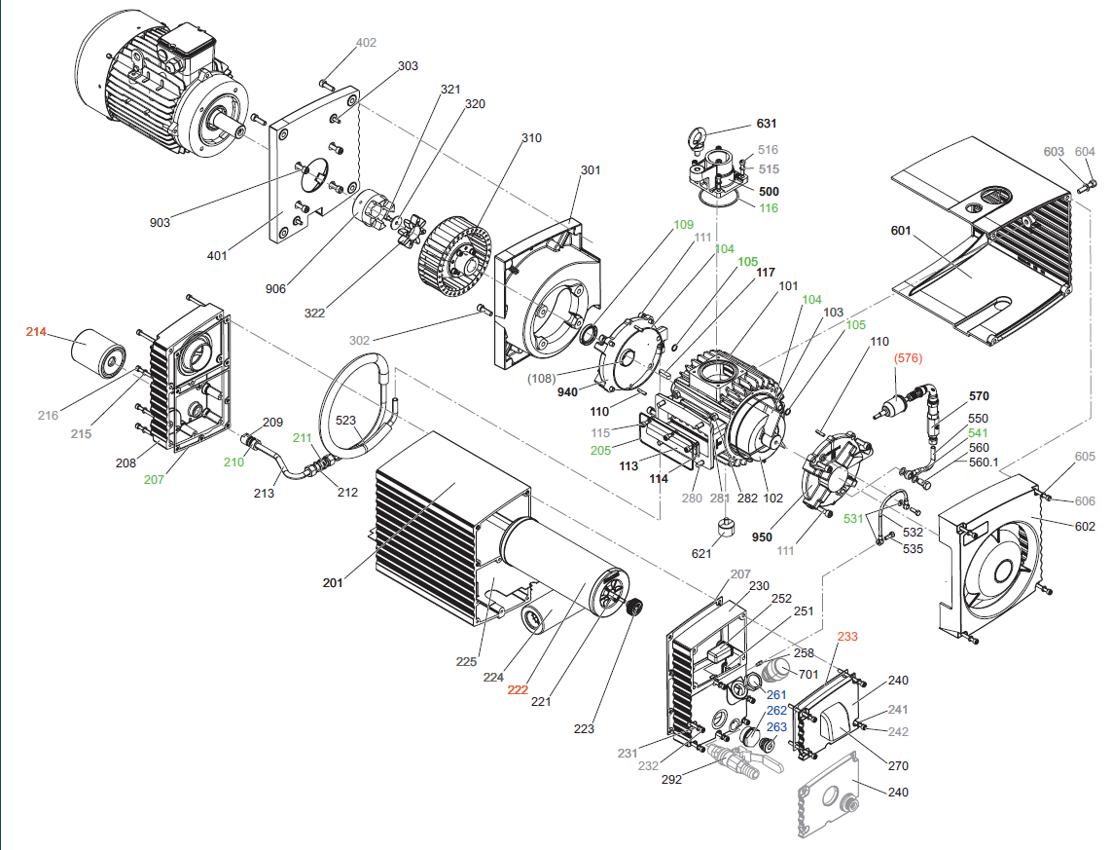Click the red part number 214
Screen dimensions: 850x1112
36,332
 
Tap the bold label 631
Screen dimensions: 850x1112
768,124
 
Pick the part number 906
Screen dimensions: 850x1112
275,288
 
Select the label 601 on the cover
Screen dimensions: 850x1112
901,231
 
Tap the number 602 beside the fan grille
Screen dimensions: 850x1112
1084,526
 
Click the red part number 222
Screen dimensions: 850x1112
518,689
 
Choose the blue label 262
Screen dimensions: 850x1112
776,710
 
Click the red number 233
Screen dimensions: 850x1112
847,636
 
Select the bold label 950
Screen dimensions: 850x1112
762,536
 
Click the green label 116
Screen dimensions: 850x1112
768,208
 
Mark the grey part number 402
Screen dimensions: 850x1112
366,43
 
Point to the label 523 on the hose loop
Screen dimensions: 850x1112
345,421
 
